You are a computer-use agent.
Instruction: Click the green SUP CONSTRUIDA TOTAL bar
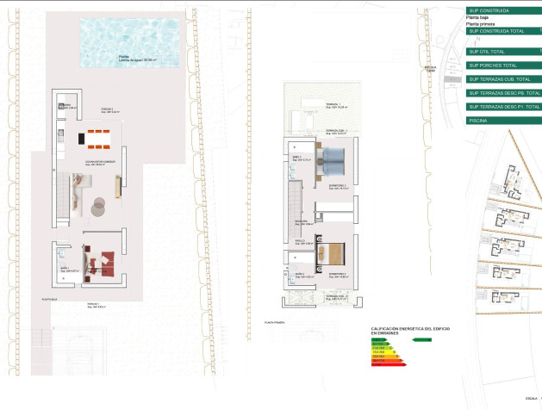point(503,31)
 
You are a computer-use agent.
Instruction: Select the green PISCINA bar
point(503,121)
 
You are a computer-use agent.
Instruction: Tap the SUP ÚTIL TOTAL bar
point(503,51)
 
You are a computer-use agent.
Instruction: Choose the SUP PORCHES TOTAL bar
point(503,65)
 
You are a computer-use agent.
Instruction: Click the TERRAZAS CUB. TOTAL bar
point(503,78)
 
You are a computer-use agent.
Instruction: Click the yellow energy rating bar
point(383,351)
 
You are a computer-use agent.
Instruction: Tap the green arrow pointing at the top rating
point(421,340)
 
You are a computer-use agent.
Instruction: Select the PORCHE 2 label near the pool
point(108,109)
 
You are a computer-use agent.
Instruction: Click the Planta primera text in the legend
point(480,23)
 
